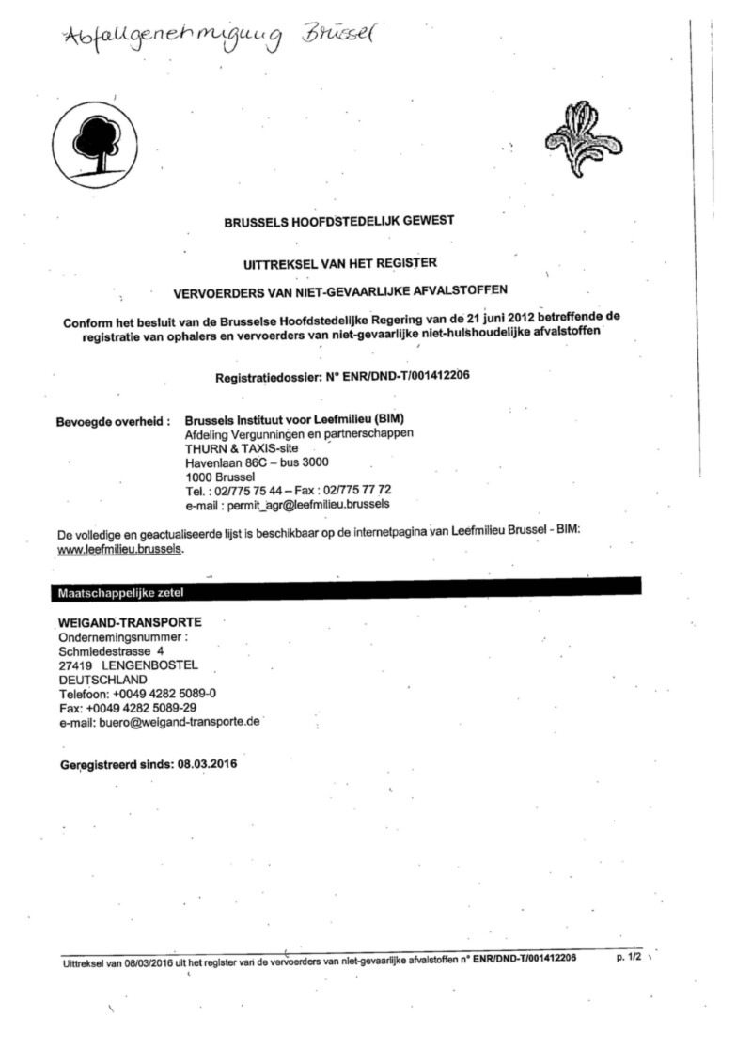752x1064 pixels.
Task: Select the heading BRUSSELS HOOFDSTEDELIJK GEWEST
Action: tap(339, 222)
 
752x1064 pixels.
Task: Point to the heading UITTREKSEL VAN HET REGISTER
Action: tap(339, 264)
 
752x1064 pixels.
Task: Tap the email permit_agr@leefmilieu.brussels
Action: tap(307, 504)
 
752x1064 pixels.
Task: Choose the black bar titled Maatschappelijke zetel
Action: tap(344, 591)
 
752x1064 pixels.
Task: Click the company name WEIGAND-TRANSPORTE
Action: tap(130, 622)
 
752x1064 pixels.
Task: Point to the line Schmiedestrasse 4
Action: tap(112, 650)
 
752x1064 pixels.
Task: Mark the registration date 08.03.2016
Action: tap(207, 763)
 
